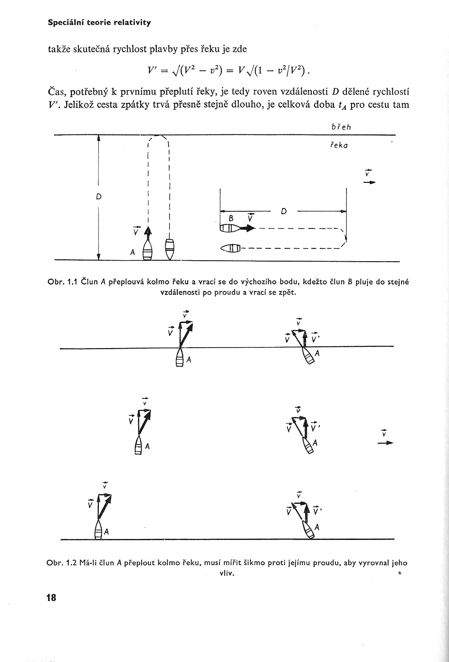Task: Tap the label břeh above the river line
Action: (341, 127)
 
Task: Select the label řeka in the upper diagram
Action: (339, 146)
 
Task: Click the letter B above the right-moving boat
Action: (231, 218)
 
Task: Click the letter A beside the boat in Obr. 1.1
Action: (133, 252)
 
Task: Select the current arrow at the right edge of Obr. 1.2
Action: (385, 443)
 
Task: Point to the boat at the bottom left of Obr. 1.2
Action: (98, 529)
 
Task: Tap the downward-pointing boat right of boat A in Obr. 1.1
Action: (170, 249)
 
